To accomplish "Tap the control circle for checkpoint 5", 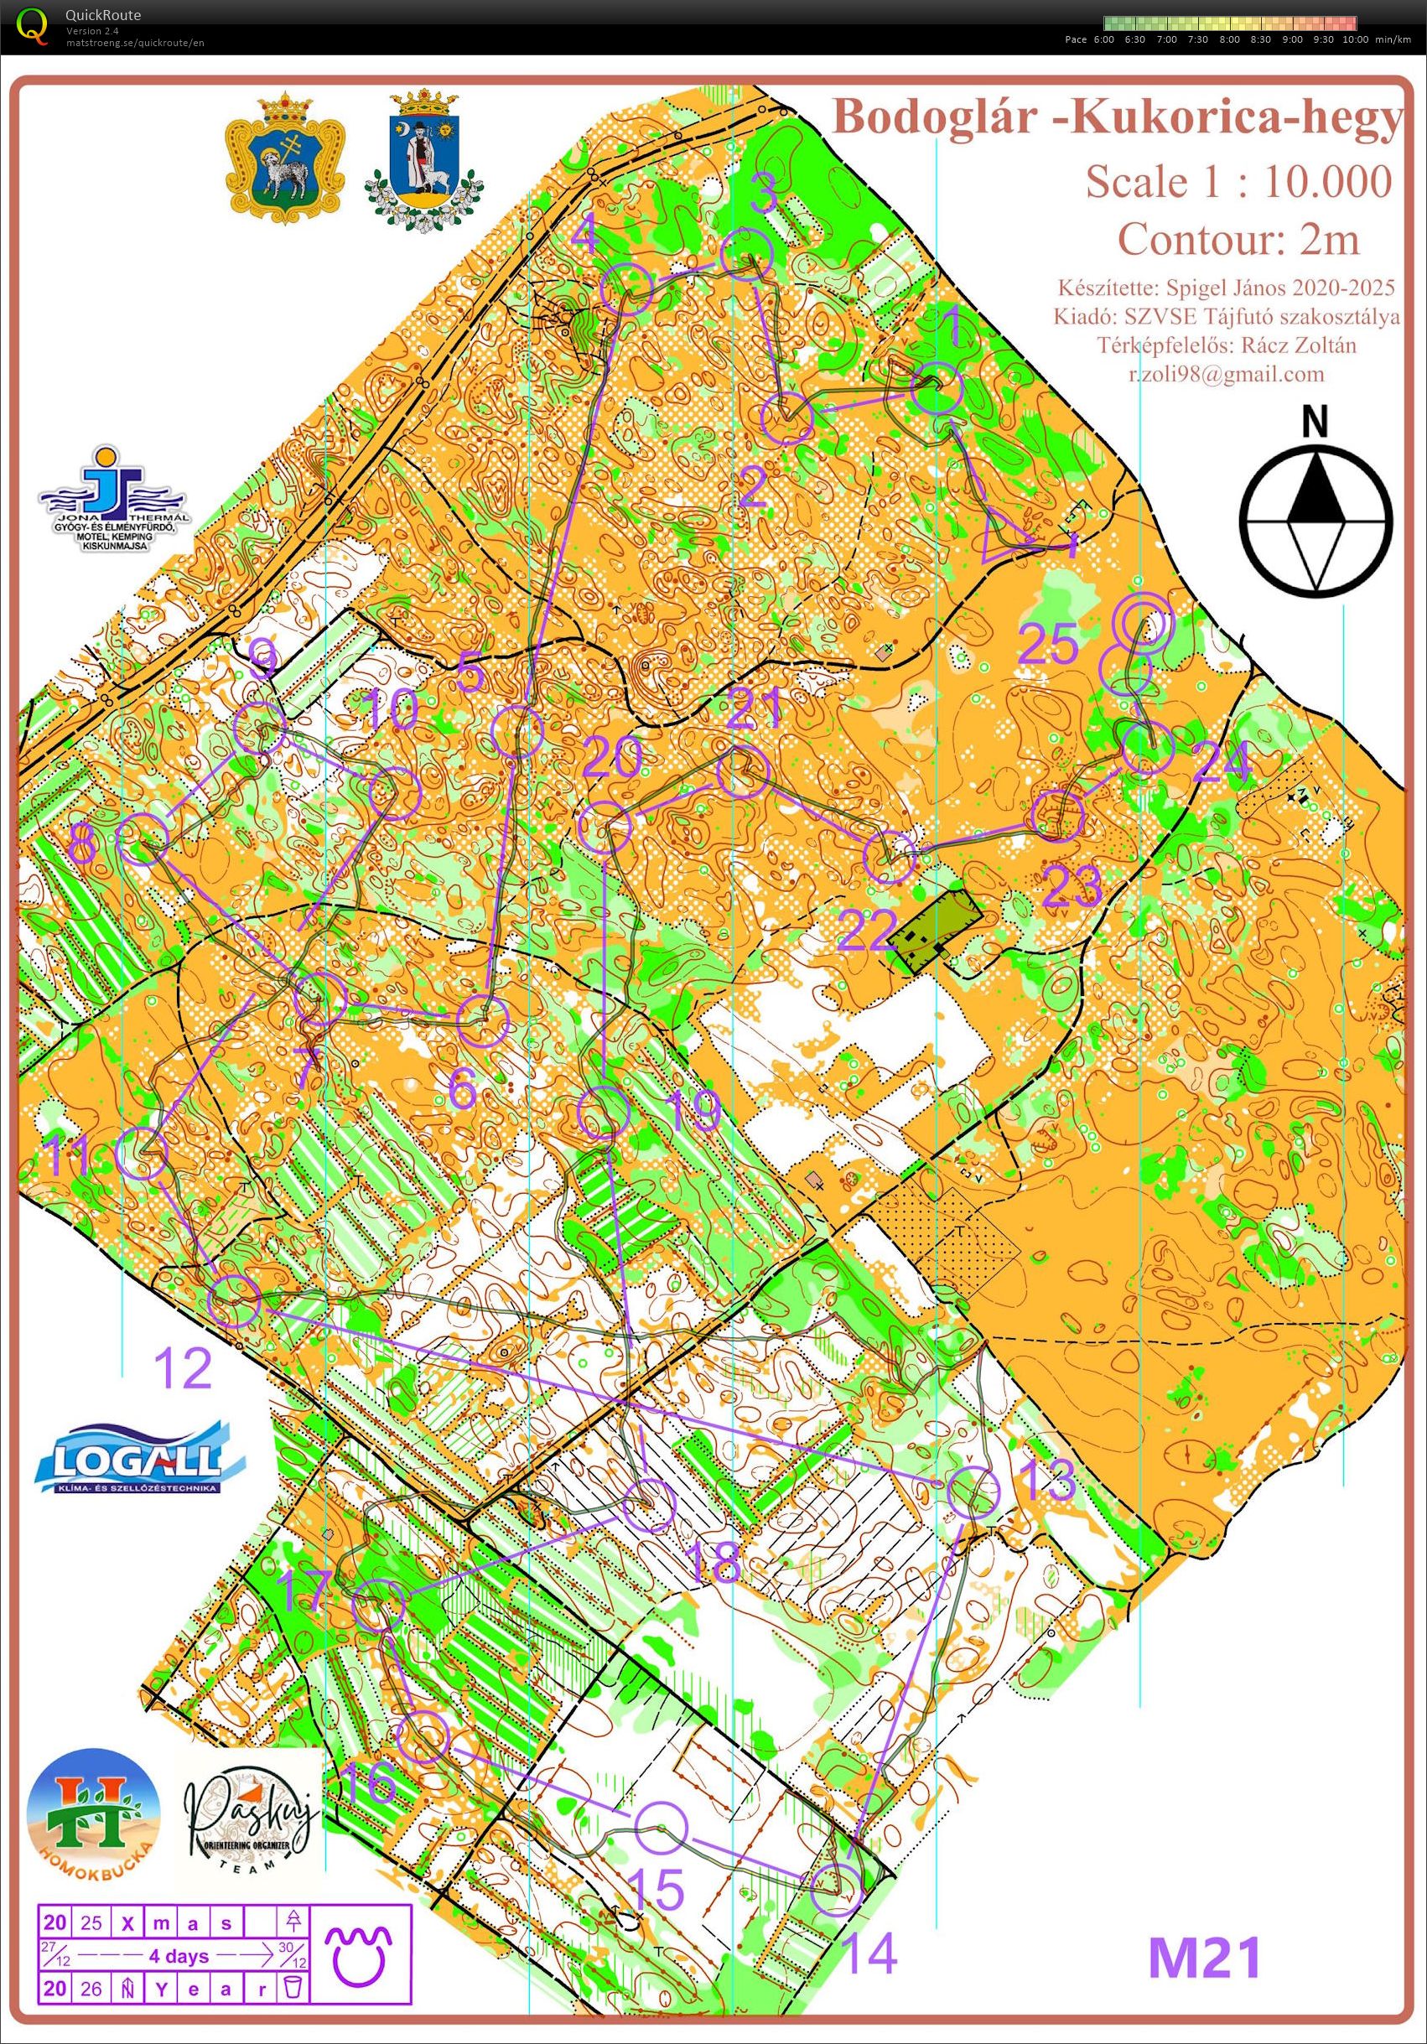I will (x=517, y=731).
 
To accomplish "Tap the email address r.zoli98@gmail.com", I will (x=1226, y=375).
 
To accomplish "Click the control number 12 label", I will (x=184, y=1368).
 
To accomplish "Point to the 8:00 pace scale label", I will (x=1228, y=40).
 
